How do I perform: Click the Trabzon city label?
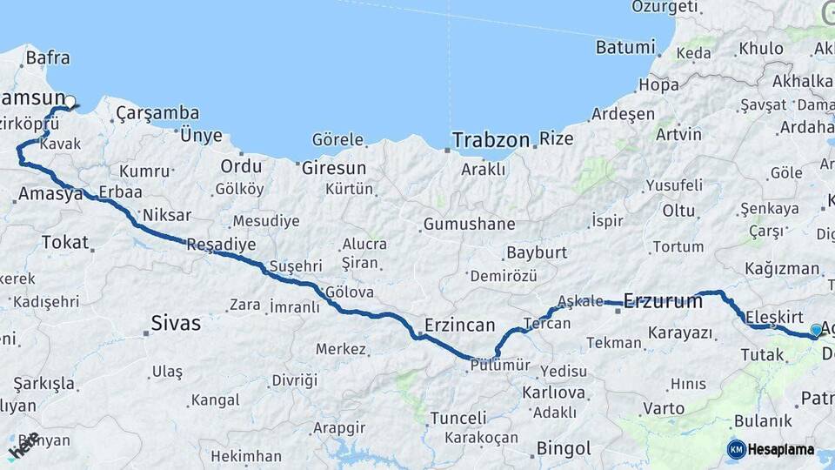(x=491, y=139)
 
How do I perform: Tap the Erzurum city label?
(x=663, y=302)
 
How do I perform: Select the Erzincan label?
(x=459, y=326)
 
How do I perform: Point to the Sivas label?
(x=176, y=324)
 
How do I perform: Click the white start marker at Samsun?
(x=70, y=101)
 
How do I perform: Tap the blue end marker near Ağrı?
(x=815, y=330)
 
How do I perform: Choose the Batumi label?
(x=626, y=47)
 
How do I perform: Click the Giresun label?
(x=334, y=168)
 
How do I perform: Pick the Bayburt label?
(x=536, y=253)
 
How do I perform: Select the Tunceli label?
(x=458, y=419)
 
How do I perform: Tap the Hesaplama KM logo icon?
(x=736, y=449)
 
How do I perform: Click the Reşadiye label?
(x=222, y=245)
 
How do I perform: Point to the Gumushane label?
(x=469, y=225)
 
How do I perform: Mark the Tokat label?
(x=65, y=242)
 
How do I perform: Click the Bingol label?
(x=564, y=449)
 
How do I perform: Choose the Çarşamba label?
(x=157, y=114)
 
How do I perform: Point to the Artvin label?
(x=678, y=134)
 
